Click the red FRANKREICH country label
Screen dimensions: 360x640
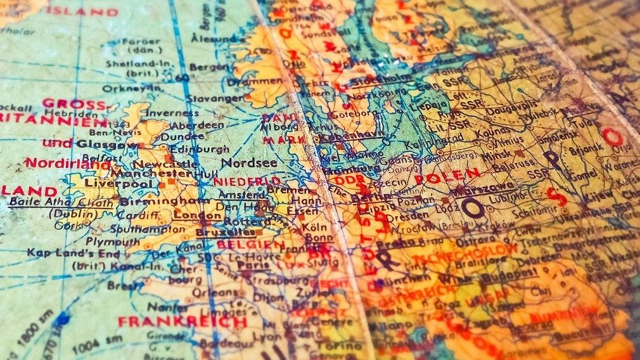pyautogui.click(x=182, y=321)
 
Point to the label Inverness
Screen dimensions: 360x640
pyautogui.click(x=164, y=113)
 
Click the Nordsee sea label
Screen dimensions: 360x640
pyautogui.click(x=248, y=163)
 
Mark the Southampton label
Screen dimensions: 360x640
pyautogui.click(x=140, y=229)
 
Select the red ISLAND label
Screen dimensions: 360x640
pyautogui.click(x=82, y=11)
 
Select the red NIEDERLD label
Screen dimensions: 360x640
pyautogui.click(x=238, y=182)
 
